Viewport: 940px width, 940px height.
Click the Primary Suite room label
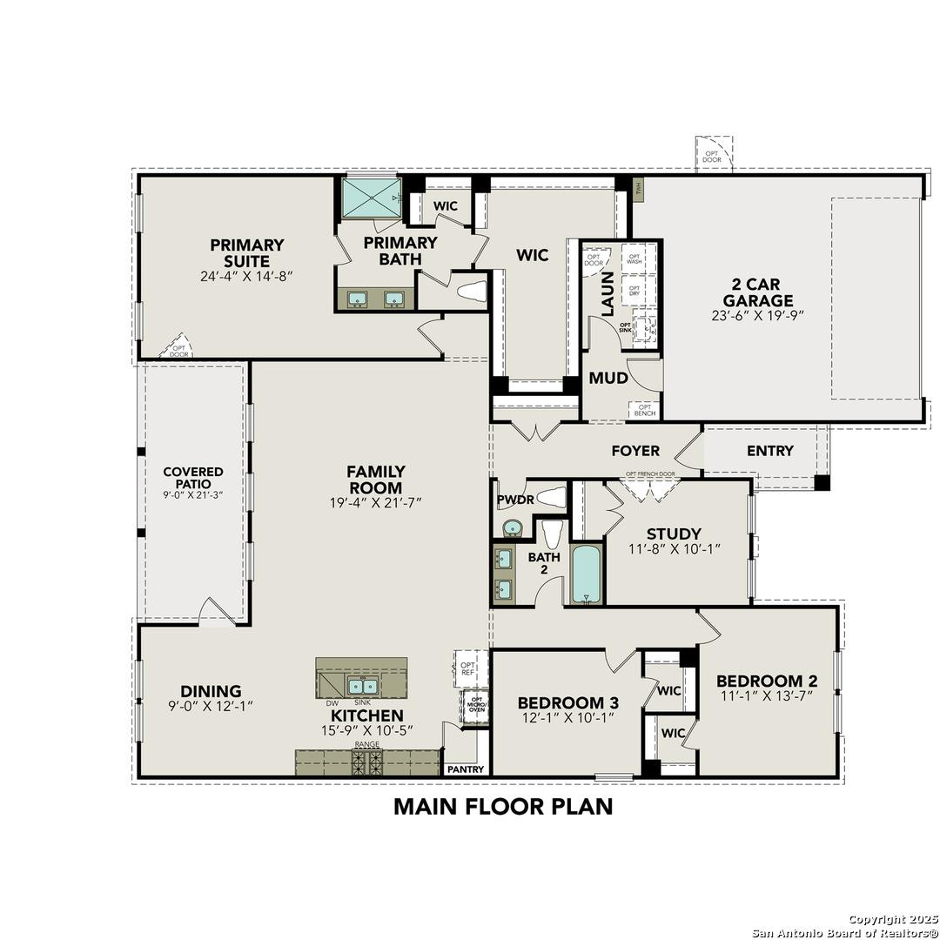[x=246, y=253]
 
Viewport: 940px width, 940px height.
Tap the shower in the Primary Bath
[x=370, y=198]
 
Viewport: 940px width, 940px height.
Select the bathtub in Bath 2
[x=586, y=574]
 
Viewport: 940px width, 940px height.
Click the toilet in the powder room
[x=552, y=498]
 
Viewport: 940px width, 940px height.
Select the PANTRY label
[x=465, y=769]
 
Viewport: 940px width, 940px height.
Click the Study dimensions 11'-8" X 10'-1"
[x=675, y=549]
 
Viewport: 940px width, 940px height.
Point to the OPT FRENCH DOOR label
[x=649, y=474]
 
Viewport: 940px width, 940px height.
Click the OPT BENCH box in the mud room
[x=645, y=409]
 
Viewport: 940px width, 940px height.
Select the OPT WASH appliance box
[x=634, y=258]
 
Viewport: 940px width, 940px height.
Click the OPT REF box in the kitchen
[x=467, y=668]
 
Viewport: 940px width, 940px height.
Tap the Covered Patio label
[x=193, y=477]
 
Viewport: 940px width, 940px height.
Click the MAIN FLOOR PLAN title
[x=503, y=806]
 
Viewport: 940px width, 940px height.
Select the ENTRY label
[x=769, y=451]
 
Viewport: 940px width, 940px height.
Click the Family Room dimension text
[x=376, y=503]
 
